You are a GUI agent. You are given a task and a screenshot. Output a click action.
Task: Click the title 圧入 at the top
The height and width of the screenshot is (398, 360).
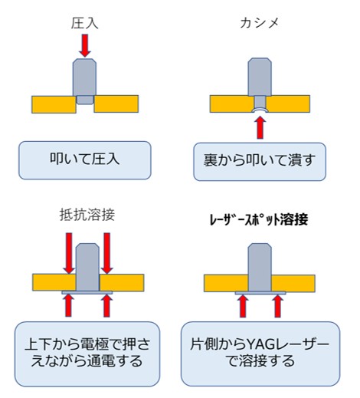click(84, 24)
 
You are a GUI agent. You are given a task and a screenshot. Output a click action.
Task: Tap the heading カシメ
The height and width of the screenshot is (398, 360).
click(260, 23)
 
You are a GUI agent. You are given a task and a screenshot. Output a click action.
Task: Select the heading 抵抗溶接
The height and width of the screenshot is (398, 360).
click(87, 215)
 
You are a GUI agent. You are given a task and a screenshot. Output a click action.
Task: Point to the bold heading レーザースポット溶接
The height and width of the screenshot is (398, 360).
click(259, 219)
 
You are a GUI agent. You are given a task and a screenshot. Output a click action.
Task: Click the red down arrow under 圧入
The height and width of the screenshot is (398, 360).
click(85, 45)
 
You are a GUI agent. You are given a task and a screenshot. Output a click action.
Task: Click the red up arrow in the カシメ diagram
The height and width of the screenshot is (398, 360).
click(260, 127)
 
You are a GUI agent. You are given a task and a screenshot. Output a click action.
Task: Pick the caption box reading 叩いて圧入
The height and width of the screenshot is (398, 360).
click(85, 160)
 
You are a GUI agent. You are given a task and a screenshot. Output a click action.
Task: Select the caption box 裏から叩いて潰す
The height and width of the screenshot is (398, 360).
click(260, 162)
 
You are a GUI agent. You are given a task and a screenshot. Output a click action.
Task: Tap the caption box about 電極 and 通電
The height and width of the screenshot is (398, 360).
click(87, 354)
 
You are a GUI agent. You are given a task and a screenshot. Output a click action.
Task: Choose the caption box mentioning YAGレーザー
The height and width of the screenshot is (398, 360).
click(260, 354)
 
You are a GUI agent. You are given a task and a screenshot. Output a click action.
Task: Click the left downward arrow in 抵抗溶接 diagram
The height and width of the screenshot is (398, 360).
click(69, 253)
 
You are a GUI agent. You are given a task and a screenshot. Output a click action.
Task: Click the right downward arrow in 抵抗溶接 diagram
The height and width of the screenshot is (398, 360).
click(107, 253)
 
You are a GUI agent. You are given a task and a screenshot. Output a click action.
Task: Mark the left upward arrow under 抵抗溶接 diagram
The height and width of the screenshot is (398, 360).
click(68, 306)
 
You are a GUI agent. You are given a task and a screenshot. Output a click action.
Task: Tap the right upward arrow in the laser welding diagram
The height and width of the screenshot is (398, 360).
click(277, 306)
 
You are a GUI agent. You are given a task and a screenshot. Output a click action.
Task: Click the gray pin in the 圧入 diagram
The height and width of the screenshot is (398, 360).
click(85, 81)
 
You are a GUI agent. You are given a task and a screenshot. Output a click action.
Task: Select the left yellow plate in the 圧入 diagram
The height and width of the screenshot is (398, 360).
click(54, 104)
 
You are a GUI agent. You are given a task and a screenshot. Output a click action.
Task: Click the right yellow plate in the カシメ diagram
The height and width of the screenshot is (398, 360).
click(288, 104)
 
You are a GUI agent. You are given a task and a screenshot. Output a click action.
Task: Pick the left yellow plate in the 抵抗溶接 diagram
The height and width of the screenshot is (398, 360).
click(54, 282)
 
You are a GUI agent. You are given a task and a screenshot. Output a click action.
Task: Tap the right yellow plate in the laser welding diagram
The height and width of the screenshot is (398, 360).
click(293, 284)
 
